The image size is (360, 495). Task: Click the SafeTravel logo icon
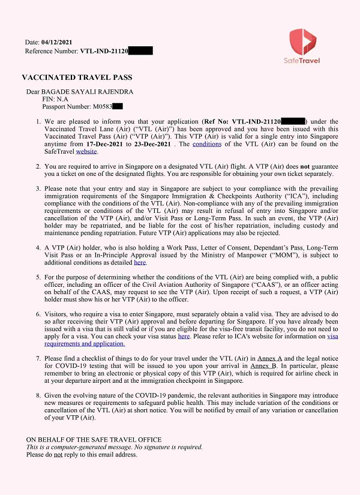coord(302,40)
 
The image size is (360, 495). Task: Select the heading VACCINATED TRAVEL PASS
coord(77,78)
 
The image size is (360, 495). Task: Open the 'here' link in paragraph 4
coord(140,263)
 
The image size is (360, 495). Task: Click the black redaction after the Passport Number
coord(117,107)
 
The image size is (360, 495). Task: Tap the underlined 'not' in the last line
coord(58,455)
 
